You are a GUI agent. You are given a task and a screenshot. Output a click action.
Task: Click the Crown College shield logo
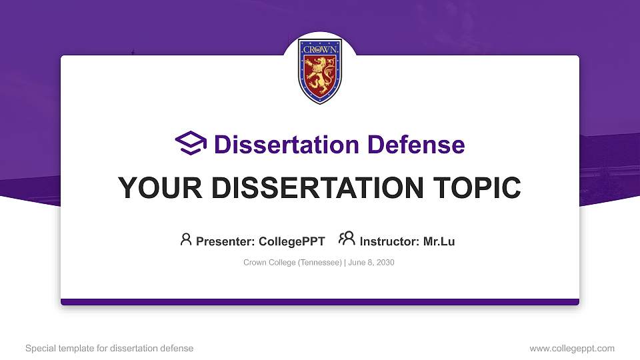coord(320,72)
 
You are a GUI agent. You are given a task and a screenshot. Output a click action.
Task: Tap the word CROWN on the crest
coord(321,50)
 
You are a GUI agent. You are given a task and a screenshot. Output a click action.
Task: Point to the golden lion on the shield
coord(320,73)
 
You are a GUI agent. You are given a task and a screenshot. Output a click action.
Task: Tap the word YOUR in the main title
coord(156,188)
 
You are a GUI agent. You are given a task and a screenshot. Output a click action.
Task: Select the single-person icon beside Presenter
coord(186,239)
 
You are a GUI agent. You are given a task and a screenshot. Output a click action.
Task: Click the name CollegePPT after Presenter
coord(291,241)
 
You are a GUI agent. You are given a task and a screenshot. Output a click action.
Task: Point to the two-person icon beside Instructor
coord(347,239)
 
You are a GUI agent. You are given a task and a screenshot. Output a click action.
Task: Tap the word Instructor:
coord(389,241)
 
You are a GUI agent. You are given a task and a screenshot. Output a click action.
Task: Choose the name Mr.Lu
coord(439,241)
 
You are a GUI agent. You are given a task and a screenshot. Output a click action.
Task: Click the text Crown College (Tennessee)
coord(293,263)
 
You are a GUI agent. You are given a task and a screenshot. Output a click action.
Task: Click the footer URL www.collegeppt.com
coord(571,348)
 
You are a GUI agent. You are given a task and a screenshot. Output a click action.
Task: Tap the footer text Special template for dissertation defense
coord(109,348)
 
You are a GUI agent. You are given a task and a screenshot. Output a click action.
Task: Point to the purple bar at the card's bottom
coord(320,302)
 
